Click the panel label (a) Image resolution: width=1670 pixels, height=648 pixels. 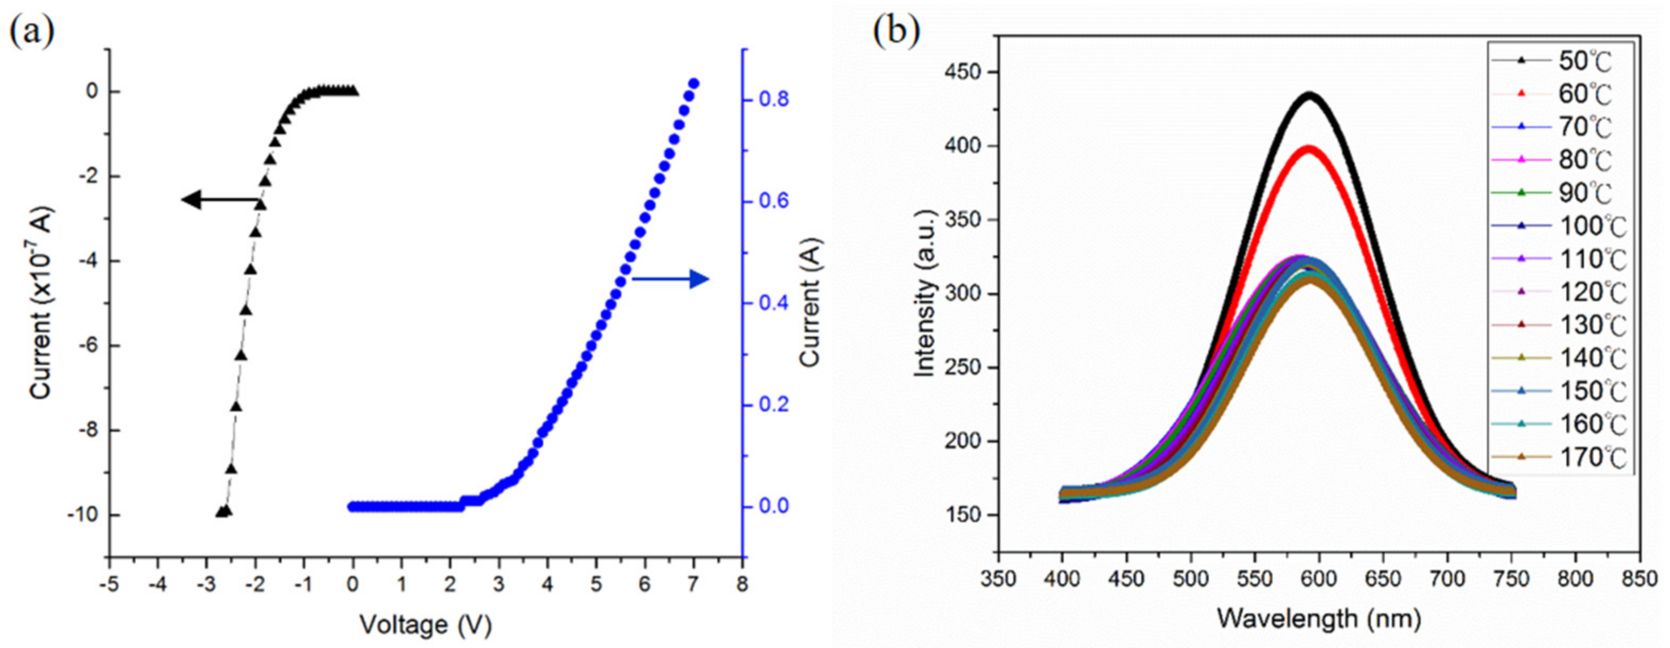(x=31, y=31)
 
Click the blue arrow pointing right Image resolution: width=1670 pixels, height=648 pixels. (x=670, y=280)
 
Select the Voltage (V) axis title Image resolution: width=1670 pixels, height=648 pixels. (x=426, y=625)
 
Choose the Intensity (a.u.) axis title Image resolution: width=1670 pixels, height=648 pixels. (x=925, y=293)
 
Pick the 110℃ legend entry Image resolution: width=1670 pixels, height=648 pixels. (x=1556, y=259)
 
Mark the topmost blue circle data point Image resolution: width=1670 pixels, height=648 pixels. (x=693, y=84)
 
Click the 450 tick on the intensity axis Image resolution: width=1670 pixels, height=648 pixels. (x=965, y=72)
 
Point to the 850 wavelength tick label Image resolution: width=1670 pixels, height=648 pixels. (x=1639, y=579)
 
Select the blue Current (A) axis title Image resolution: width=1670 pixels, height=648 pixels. (x=811, y=303)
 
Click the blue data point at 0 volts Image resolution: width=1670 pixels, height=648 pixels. (x=353, y=507)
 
